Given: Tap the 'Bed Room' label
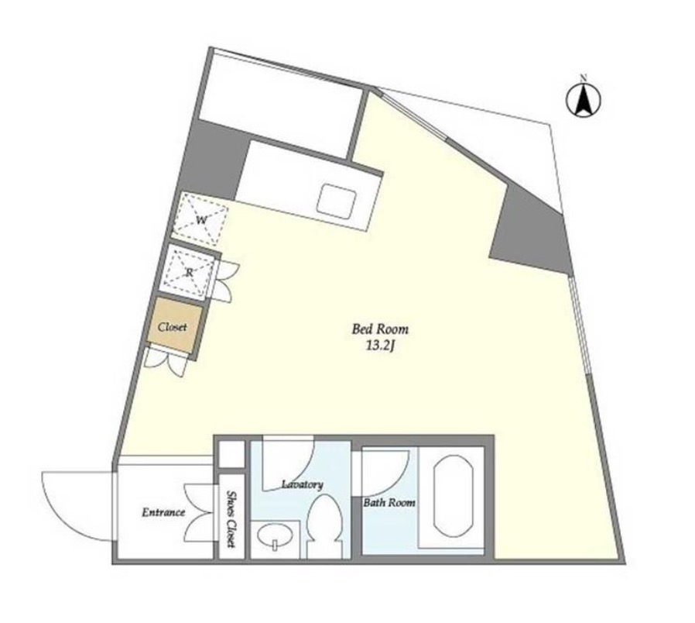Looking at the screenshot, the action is coord(380,329).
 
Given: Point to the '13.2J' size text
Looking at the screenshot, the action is coord(380,346).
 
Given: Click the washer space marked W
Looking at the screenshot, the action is coord(200,219).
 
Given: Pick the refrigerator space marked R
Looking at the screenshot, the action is coord(188,273).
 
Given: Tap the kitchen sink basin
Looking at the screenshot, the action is coord(337,201).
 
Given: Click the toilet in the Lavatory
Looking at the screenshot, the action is coord(324,527).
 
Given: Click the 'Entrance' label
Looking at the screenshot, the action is coord(163,512).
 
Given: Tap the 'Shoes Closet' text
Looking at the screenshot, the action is coord(231,518).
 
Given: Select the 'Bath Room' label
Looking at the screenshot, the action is coord(389,503).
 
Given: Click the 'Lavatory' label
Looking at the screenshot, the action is coord(303,484).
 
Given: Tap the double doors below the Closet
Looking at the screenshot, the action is coord(166,363).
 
